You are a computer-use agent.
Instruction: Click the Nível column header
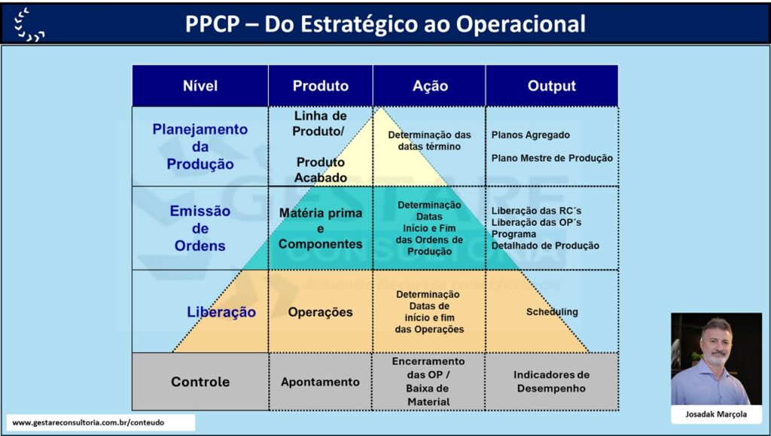point(200,86)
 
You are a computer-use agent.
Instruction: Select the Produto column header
point(321,86)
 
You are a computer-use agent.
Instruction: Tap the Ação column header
point(430,86)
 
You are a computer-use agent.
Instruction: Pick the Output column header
point(552,86)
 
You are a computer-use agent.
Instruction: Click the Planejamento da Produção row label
point(200,147)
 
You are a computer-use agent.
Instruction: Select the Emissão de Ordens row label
point(200,228)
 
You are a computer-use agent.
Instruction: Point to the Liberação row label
point(221,313)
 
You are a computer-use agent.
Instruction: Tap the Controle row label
point(200,382)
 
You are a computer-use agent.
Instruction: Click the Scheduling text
point(552,312)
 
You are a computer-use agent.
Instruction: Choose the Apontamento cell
point(320,382)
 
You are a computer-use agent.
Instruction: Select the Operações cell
point(320,313)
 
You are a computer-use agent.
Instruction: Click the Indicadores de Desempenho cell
point(551,382)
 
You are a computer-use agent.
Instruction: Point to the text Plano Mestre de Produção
point(552,158)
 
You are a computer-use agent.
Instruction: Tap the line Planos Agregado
point(531,136)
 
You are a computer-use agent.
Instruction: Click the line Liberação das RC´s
point(536,211)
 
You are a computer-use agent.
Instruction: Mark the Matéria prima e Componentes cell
point(320,229)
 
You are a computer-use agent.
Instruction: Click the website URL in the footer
point(88,422)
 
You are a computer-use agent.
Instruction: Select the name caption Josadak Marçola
point(716,414)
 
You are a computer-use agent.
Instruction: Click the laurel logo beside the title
point(29,25)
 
